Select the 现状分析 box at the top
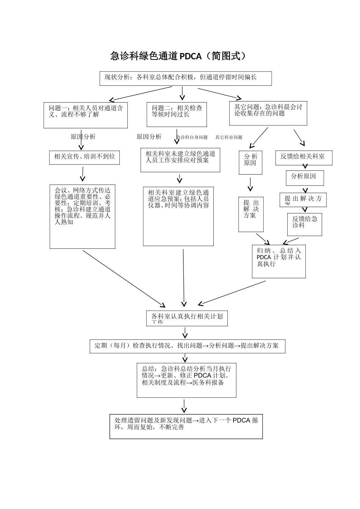186,78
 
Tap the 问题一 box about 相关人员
86,115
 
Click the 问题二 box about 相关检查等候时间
177,114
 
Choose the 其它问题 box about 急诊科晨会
268,113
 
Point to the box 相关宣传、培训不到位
85,157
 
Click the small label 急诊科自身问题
192,137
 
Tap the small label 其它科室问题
229,137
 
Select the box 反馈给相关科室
304,158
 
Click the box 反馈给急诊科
305,224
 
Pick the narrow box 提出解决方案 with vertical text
251,214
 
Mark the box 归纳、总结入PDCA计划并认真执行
279,261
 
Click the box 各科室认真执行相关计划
187,318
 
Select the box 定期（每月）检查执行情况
187,346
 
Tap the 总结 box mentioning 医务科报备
186,380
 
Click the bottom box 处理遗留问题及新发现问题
186,426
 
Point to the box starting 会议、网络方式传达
83,217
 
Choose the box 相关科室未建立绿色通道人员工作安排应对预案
180,160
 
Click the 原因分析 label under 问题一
83,137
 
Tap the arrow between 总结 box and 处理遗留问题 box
184,406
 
